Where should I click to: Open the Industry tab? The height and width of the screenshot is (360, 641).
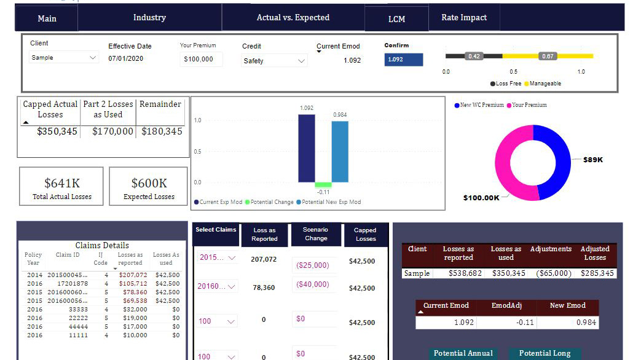pyautogui.click(x=149, y=18)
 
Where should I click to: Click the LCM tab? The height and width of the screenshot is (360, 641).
pyautogui.click(x=396, y=19)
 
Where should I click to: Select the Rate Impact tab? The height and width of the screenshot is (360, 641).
pyautogui.click(x=464, y=18)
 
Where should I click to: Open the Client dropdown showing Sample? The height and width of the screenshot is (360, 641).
pyautogui.click(x=63, y=58)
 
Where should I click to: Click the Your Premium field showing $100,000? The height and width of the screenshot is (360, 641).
pyautogui.click(x=201, y=59)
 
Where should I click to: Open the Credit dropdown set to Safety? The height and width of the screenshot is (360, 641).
pyautogui.click(x=274, y=61)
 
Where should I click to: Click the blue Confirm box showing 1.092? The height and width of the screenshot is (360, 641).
pyautogui.click(x=404, y=60)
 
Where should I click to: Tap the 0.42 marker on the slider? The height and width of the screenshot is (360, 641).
pyautogui.click(x=474, y=56)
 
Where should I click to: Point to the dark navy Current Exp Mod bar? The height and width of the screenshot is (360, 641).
pyautogui.click(x=307, y=148)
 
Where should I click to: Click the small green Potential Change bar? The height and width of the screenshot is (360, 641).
pyautogui.click(x=323, y=185)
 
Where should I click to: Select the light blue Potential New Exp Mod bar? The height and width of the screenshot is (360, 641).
pyautogui.click(x=340, y=152)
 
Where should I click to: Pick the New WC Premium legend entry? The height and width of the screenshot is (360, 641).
pyautogui.click(x=479, y=105)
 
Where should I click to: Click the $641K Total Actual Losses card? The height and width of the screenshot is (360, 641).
pyautogui.click(x=61, y=186)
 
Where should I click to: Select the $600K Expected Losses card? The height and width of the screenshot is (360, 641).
pyautogui.click(x=148, y=186)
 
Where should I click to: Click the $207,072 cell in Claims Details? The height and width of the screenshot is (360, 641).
pyautogui.click(x=133, y=275)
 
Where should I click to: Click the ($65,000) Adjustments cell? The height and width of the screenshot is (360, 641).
pyautogui.click(x=554, y=273)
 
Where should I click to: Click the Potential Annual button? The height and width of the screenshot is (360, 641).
pyautogui.click(x=463, y=354)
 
